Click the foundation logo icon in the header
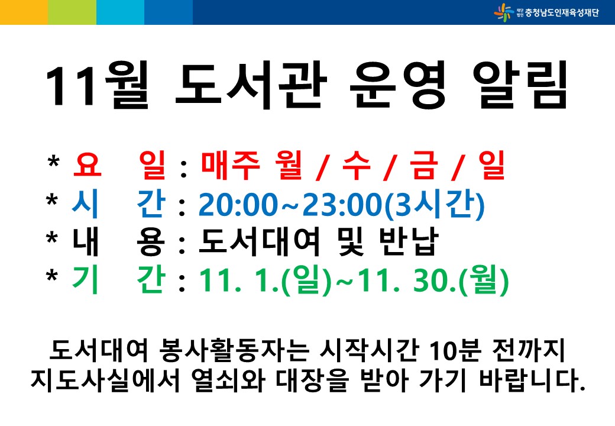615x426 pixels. coord(504,12)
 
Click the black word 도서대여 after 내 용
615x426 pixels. coord(259,241)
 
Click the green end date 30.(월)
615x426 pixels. coord(461,280)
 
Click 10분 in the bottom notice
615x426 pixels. coord(455,350)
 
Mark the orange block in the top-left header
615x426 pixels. coord(24,12)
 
